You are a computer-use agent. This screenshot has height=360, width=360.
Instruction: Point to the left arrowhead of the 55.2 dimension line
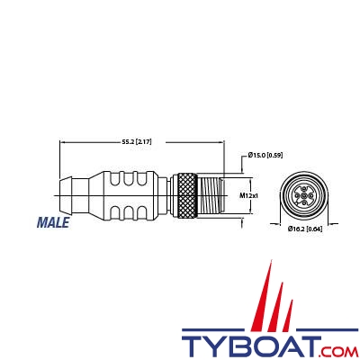60,141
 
